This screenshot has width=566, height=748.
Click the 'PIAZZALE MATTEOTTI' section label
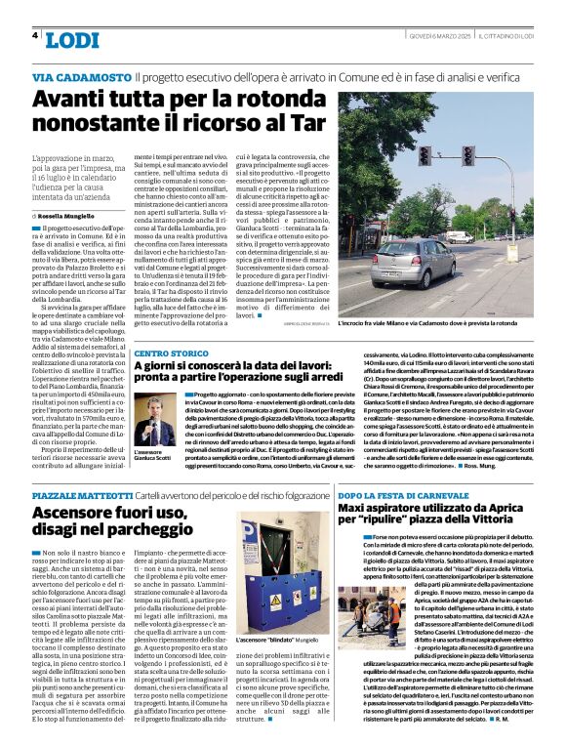tap(81, 497)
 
